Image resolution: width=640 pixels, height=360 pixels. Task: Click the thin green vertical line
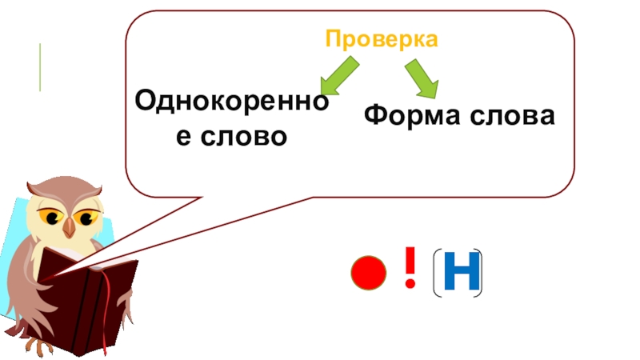pos(39,67)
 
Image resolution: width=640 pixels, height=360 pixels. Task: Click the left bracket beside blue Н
pos(437,274)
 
